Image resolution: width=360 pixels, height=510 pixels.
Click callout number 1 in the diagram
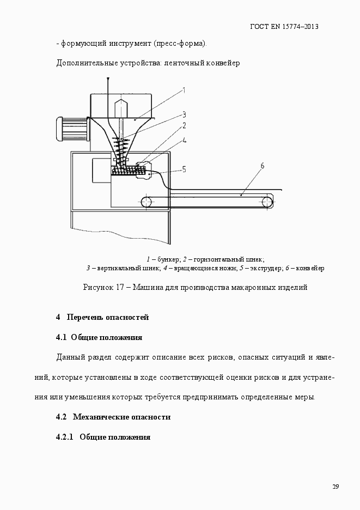pyautogui.click(x=185, y=90)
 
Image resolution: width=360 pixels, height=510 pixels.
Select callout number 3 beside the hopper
pyautogui.click(x=185, y=114)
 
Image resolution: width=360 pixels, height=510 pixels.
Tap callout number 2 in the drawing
pyautogui.click(x=185, y=126)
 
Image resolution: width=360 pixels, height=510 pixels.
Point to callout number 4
pyautogui.click(x=185, y=140)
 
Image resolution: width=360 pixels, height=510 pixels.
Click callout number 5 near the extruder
pyautogui.click(x=184, y=169)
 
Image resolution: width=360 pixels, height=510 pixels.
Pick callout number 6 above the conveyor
pyautogui.click(x=262, y=166)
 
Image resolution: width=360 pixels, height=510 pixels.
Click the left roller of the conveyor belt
pyautogui.click(x=147, y=202)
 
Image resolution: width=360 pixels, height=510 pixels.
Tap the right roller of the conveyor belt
pyautogui.click(x=267, y=202)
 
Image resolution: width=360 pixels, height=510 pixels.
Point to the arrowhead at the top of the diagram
pyautogui.click(x=108, y=81)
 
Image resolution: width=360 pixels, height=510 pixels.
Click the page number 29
pyautogui.click(x=335, y=487)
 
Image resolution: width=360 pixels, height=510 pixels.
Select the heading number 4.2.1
pyautogui.click(x=65, y=438)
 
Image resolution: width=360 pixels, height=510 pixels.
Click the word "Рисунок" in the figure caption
pyautogui.click(x=98, y=287)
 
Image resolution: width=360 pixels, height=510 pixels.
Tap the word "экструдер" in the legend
pyautogui.click(x=264, y=268)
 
